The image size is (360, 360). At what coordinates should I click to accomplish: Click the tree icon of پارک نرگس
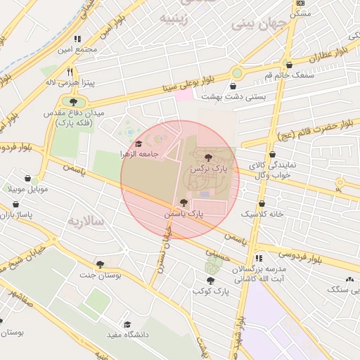[x=207, y=157]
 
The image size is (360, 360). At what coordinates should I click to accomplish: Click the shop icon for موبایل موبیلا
[x=27, y=179]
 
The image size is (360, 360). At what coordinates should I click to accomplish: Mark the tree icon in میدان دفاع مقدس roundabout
[x=72, y=102]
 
